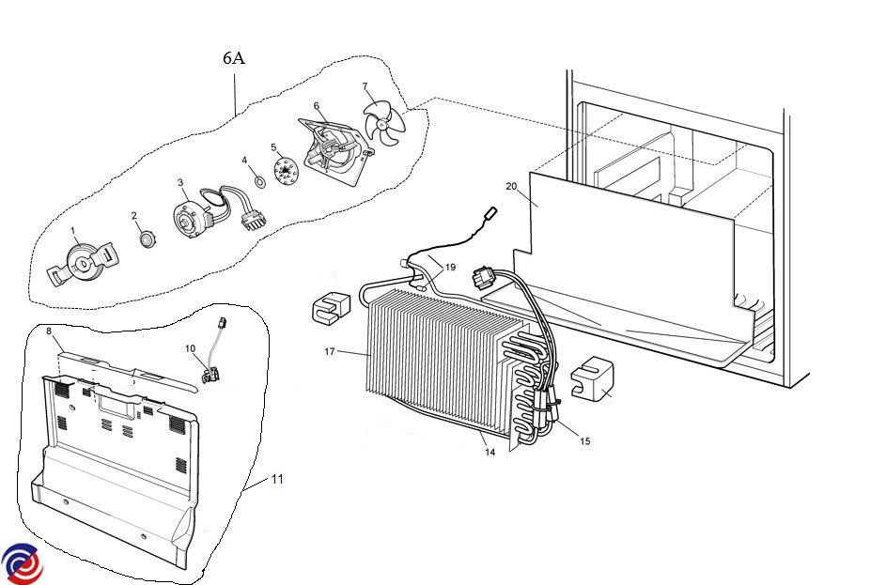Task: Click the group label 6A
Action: [x=234, y=58]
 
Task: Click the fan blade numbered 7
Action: [x=383, y=124]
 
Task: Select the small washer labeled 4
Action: [x=256, y=178]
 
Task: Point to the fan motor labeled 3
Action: [x=194, y=217]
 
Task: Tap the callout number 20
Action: [x=511, y=186]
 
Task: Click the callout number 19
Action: [x=450, y=267]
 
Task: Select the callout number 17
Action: [x=330, y=352]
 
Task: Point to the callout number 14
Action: [x=489, y=452]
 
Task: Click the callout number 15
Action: [x=585, y=440]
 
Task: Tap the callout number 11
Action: [x=277, y=479]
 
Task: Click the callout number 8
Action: [x=49, y=331]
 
